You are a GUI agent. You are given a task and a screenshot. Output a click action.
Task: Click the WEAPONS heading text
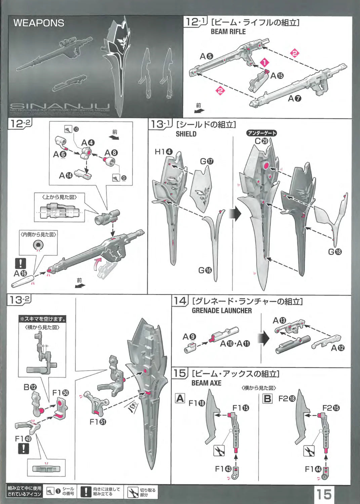coord(39,23)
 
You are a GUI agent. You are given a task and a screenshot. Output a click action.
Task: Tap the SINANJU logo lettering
coord(57,106)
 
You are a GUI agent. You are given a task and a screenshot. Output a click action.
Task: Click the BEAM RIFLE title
coord(228,32)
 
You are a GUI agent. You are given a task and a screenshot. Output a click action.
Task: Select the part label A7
coord(294,98)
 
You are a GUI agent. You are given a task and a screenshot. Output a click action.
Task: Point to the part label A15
coord(277,76)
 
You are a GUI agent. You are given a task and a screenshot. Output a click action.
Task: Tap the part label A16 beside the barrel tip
coord(20,274)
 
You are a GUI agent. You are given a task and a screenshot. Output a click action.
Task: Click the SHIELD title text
coord(186,134)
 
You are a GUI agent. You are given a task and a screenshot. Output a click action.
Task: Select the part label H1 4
coord(163,152)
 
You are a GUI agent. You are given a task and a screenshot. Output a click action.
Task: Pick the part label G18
coord(335,252)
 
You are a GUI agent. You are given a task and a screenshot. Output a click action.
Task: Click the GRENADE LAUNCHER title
coord(222,311)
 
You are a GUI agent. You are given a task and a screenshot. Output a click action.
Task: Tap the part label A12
coord(337,348)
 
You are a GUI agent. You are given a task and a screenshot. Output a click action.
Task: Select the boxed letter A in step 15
coord(180,398)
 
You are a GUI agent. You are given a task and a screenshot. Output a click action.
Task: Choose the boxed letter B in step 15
coord(268,398)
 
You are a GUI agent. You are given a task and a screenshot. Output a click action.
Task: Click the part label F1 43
coord(223,469)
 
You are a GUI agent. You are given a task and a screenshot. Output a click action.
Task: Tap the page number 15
coord(324,494)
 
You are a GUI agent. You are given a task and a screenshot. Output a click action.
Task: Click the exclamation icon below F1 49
coord(23,449)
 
